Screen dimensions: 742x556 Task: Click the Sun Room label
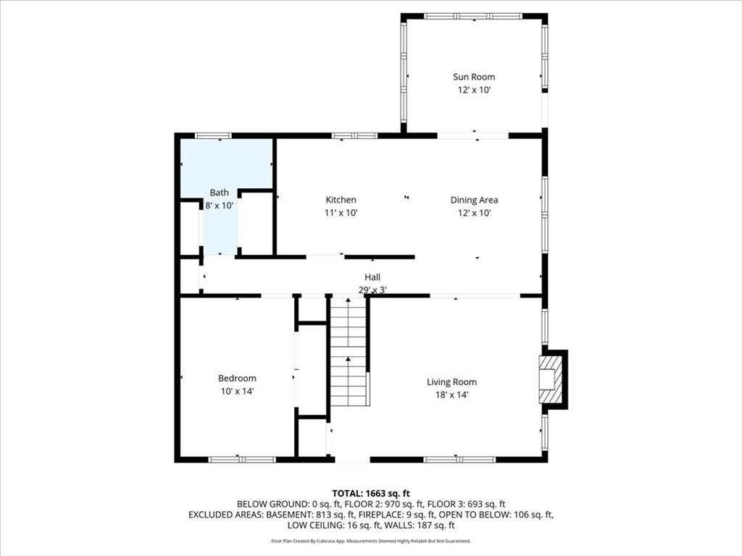pos(474,77)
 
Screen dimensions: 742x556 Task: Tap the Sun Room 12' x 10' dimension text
pos(474,90)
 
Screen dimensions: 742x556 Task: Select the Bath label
pos(219,193)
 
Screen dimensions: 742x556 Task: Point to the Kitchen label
pos(341,200)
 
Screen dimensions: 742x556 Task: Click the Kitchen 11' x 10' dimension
pos(341,213)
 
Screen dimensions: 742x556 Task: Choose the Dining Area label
pos(474,200)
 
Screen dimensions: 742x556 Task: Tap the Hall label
pos(372,277)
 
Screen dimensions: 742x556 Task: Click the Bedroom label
pos(237,378)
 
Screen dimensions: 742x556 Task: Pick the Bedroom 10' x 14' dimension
pos(237,391)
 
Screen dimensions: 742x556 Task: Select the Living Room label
pos(451,382)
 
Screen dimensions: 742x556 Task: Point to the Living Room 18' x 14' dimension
pos(451,395)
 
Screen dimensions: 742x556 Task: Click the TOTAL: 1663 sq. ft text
pos(371,494)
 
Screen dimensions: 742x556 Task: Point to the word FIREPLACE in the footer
pos(380,515)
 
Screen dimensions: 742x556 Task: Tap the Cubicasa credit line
pos(371,541)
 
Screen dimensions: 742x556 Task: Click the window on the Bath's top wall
pos(214,135)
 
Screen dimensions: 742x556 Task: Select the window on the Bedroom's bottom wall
pos(242,460)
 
